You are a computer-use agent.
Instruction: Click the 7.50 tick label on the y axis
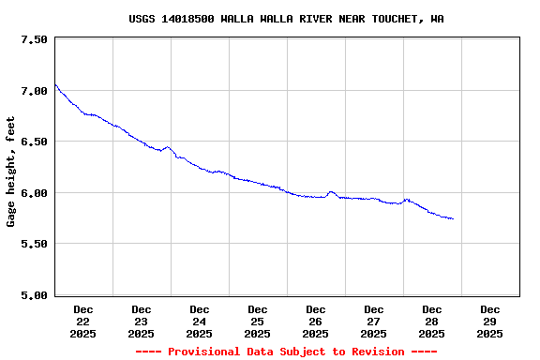[x=34, y=39]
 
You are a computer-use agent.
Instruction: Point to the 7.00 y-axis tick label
[x=34, y=91]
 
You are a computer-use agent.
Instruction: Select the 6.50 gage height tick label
[x=34, y=142]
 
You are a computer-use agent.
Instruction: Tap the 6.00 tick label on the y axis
[x=34, y=193]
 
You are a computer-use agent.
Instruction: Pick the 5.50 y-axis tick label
[x=34, y=244]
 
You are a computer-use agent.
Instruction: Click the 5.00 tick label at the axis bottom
[x=34, y=295]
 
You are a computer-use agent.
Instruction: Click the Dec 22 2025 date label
[x=83, y=321]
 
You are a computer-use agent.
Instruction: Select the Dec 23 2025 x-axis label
[x=142, y=321]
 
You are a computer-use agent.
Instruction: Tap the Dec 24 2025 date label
[x=200, y=321]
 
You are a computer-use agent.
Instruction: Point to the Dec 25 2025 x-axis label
[x=258, y=321]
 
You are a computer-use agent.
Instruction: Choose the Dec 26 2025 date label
[x=316, y=321]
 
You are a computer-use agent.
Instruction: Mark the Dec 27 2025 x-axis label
[x=374, y=321]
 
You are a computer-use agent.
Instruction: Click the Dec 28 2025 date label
[x=432, y=321]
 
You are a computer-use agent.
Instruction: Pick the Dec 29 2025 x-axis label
[x=490, y=321]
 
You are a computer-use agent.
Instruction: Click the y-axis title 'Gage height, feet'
[x=11, y=172]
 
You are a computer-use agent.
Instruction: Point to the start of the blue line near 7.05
[x=55, y=85]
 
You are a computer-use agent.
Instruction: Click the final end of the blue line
[x=454, y=218]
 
